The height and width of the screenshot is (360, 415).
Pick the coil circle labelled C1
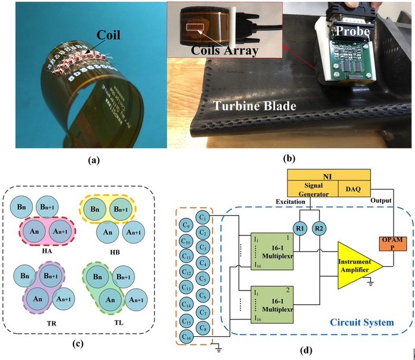pos(202,218)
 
